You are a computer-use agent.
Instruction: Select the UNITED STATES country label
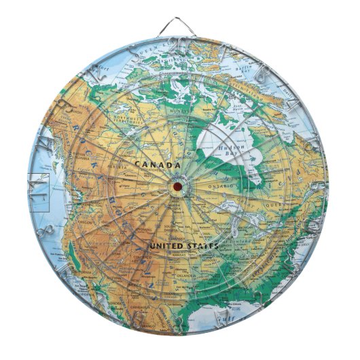coord(183,245)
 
